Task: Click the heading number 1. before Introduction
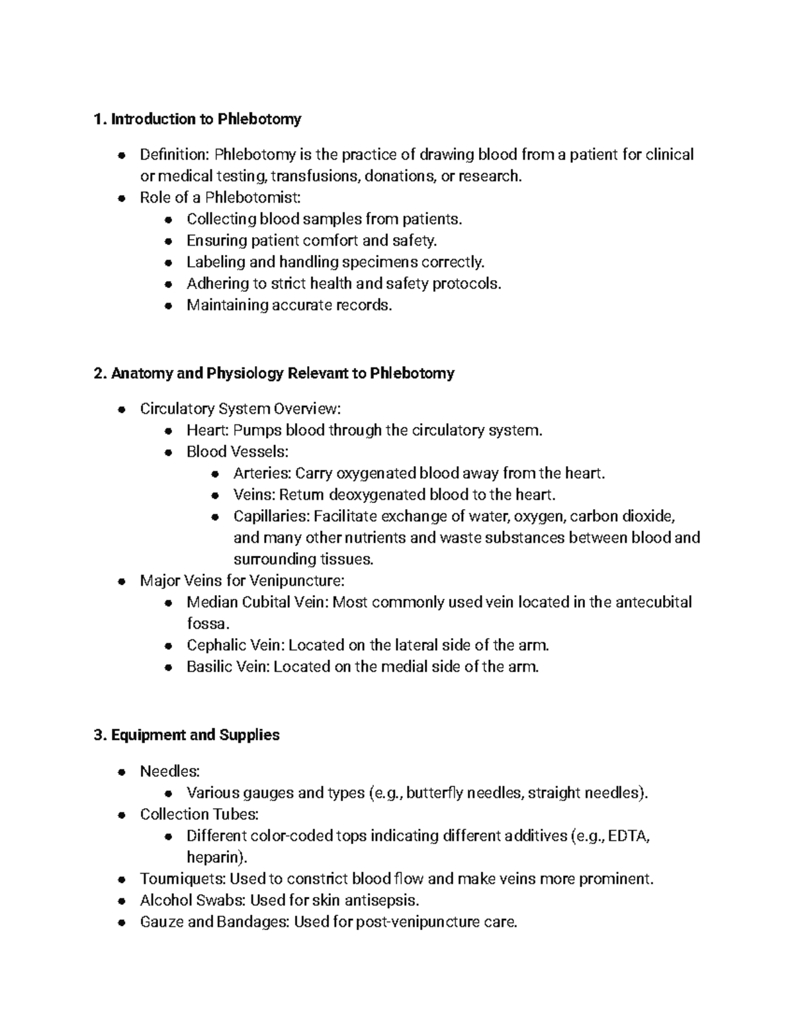100,119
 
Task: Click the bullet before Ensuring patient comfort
169,241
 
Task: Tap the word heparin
214,857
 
